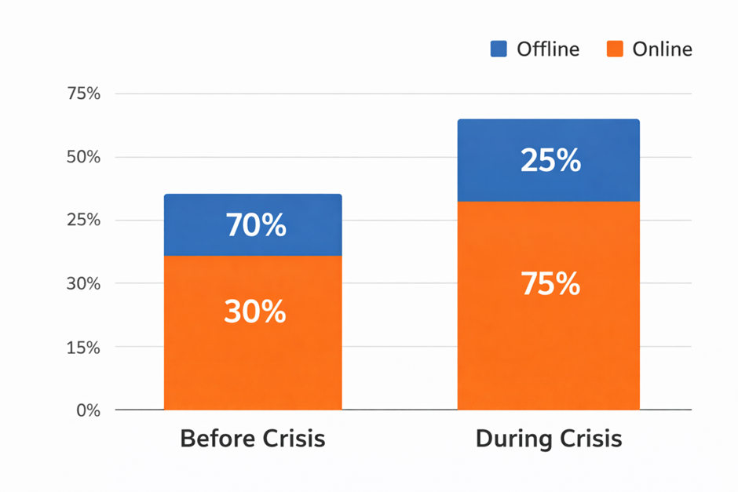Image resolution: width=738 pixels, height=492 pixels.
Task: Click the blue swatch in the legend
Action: tap(499, 49)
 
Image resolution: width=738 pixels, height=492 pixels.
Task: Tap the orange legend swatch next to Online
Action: tap(616, 49)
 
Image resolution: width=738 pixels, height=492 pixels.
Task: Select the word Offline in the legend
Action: tap(547, 49)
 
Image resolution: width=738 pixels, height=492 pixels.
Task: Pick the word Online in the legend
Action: tap(662, 49)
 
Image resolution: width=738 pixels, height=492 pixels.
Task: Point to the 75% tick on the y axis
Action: tap(85, 94)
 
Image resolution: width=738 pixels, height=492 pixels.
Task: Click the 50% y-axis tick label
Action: tap(85, 157)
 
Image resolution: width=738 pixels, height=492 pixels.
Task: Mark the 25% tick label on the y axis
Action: tap(85, 220)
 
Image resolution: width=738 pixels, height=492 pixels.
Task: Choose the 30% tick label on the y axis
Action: tap(85, 283)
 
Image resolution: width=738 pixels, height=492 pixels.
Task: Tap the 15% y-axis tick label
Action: tap(85, 347)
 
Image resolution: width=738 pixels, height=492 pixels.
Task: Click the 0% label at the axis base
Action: tap(89, 410)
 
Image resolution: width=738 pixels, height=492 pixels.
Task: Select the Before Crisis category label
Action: tap(252, 438)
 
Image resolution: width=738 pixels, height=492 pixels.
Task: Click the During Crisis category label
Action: tap(549, 438)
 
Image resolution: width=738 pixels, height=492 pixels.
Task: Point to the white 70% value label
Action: tap(256, 226)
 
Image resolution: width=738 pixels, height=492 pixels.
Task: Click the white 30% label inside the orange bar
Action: tap(255, 312)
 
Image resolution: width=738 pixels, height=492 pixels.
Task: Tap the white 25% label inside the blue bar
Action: tap(550, 161)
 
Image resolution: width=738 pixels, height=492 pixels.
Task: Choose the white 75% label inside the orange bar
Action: tap(550, 284)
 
